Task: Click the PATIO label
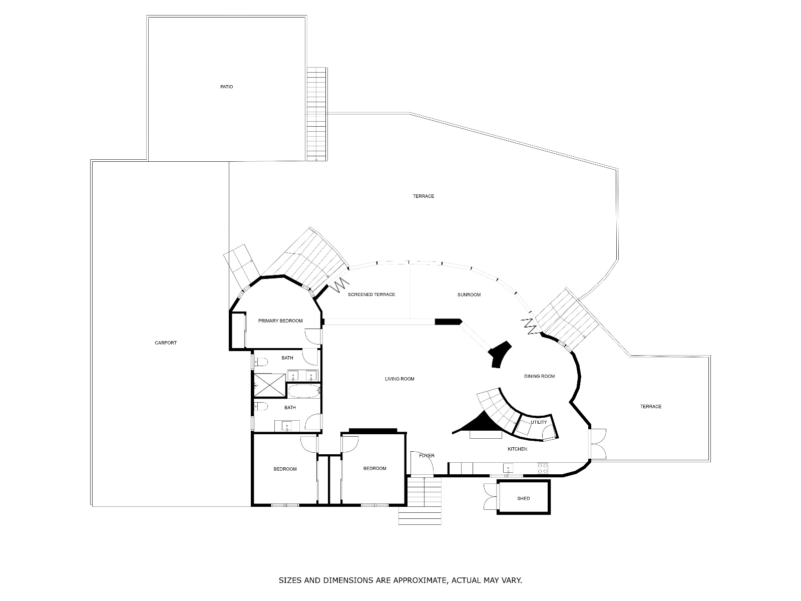226,87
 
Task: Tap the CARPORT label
166,343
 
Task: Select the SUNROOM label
469,295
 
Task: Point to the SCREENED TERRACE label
371,294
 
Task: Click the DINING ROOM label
539,376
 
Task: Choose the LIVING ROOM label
399,379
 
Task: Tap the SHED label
523,498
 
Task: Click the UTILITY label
539,422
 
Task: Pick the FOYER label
427,455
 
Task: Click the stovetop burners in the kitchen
542,469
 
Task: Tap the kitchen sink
508,468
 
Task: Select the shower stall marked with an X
270,385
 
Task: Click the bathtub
304,391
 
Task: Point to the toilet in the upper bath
261,362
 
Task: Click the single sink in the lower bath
287,426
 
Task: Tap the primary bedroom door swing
313,336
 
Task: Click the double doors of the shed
491,497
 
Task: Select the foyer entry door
422,463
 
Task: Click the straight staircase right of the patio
316,114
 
